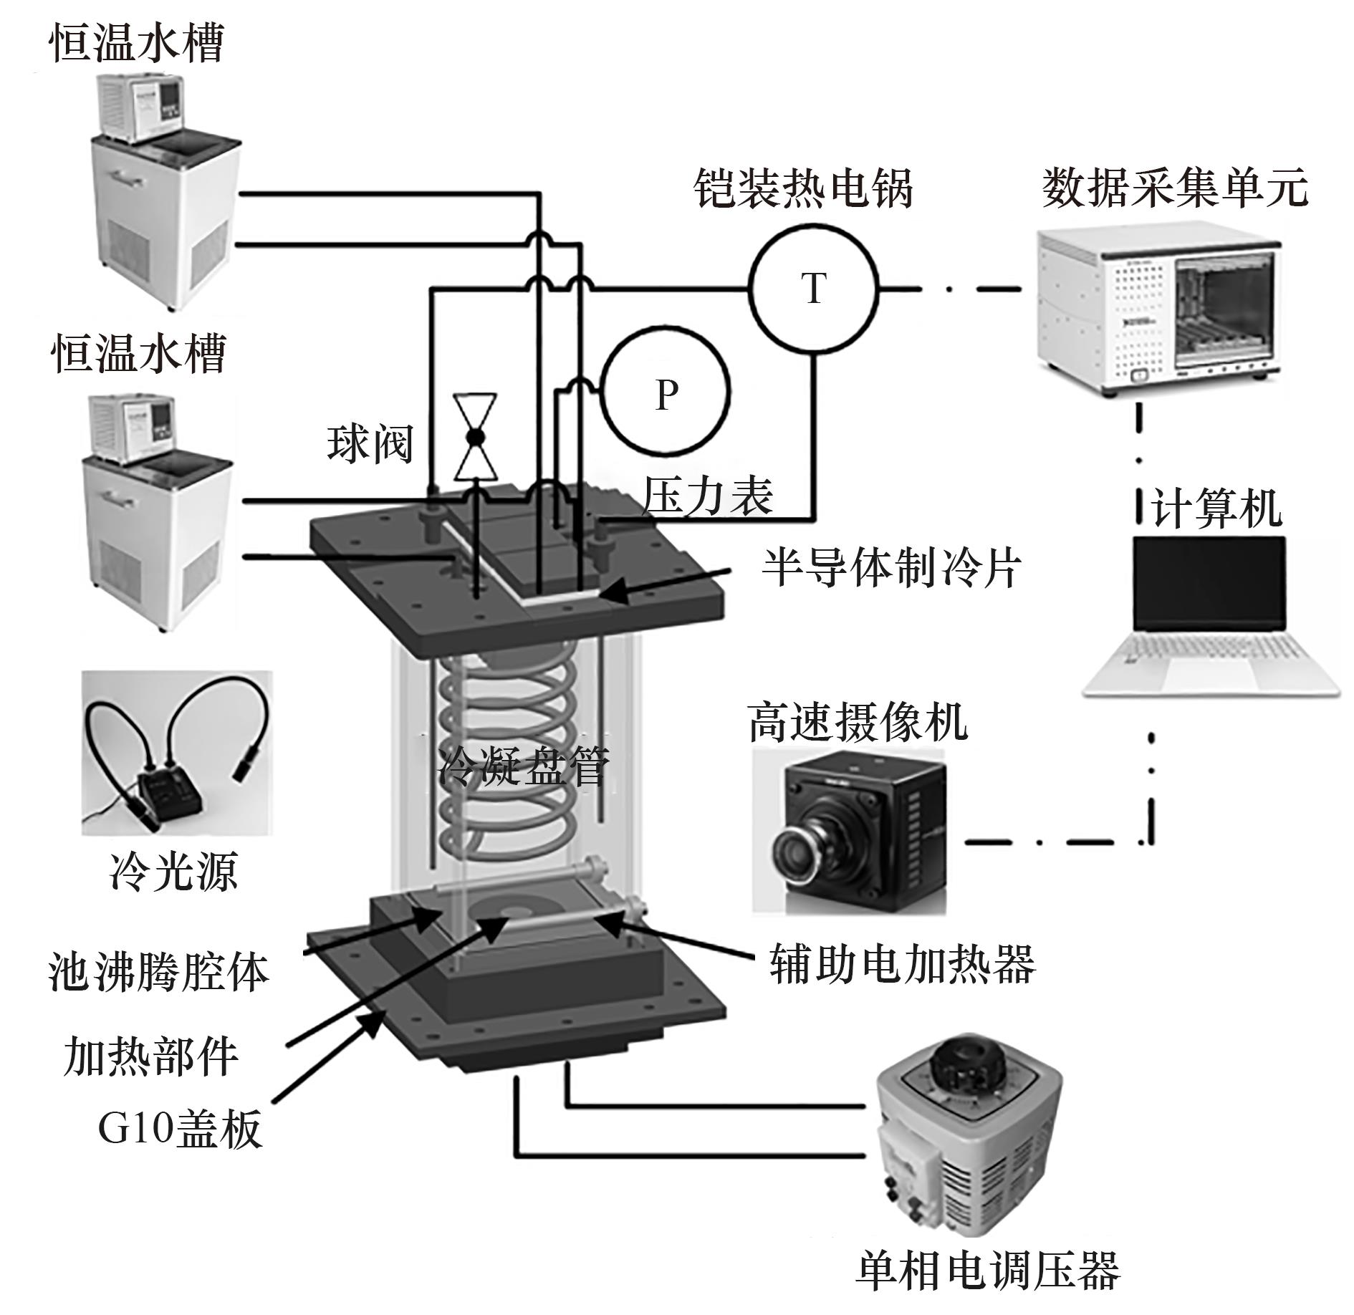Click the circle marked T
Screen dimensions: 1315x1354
click(813, 289)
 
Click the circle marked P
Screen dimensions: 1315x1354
click(666, 392)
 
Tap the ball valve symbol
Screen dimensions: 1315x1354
click(476, 436)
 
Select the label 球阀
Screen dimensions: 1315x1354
click(370, 444)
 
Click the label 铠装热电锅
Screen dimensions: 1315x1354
click(803, 188)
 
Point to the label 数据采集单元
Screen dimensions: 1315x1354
click(1175, 188)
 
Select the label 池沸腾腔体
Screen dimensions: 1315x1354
click(158, 972)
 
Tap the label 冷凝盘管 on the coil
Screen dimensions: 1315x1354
click(524, 765)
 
